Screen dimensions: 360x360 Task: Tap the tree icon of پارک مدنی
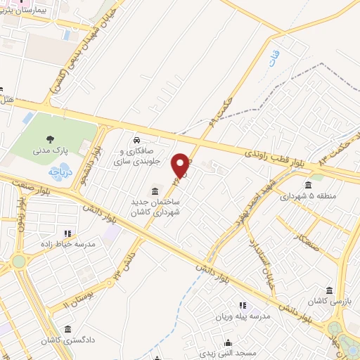pos(49,139)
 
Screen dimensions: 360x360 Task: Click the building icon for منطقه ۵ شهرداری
pos(309,186)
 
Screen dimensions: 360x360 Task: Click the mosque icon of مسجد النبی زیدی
pos(227,344)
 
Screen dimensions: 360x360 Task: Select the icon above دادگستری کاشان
pos(67,329)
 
